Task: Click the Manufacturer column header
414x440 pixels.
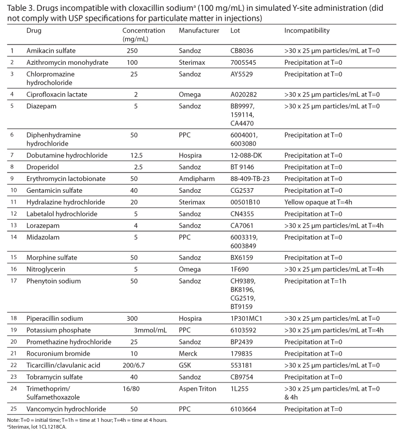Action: (x=199, y=31)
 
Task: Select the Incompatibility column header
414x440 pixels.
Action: (x=306, y=31)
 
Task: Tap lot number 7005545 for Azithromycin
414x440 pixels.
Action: (x=243, y=63)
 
